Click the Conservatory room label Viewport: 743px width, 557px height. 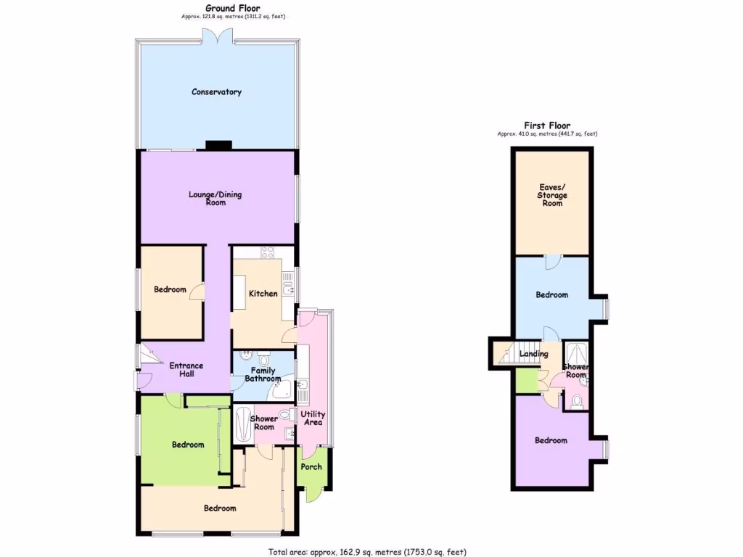point(216,92)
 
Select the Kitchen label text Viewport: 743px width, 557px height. point(263,294)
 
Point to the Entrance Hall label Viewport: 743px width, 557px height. point(186,369)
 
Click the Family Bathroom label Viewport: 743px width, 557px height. point(262,374)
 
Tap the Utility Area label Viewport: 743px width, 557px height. point(313,418)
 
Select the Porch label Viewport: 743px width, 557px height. point(311,466)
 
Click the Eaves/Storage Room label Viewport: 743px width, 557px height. point(551,195)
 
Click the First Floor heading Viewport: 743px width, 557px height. point(547,125)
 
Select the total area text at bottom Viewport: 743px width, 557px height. point(368,551)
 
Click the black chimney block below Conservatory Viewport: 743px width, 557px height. point(218,145)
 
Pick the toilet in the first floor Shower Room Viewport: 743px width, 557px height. point(577,401)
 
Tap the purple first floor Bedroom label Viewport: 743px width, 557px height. point(551,440)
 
